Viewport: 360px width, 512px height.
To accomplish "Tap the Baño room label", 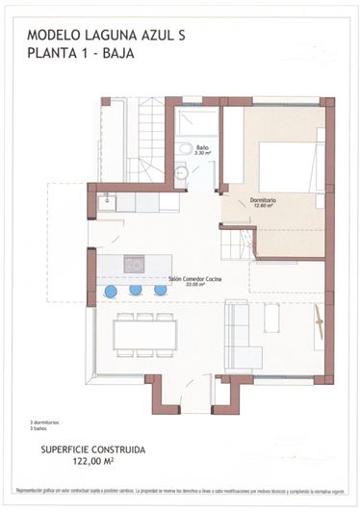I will click(202, 146).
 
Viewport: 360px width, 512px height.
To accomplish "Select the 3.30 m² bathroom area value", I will click(202, 153).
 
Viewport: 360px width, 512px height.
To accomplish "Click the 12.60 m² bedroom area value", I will click(263, 206).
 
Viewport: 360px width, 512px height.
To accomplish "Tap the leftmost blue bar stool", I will click(111, 290).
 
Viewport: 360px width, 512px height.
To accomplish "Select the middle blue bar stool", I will click(136, 290).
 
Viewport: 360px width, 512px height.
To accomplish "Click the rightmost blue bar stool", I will click(161, 290).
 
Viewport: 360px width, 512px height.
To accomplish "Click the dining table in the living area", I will click(144, 334).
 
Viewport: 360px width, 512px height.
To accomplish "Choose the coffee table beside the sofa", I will click(272, 318).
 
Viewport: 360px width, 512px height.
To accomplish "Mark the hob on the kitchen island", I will click(134, 264).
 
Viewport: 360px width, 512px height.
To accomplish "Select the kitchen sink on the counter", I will click(107, 202).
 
